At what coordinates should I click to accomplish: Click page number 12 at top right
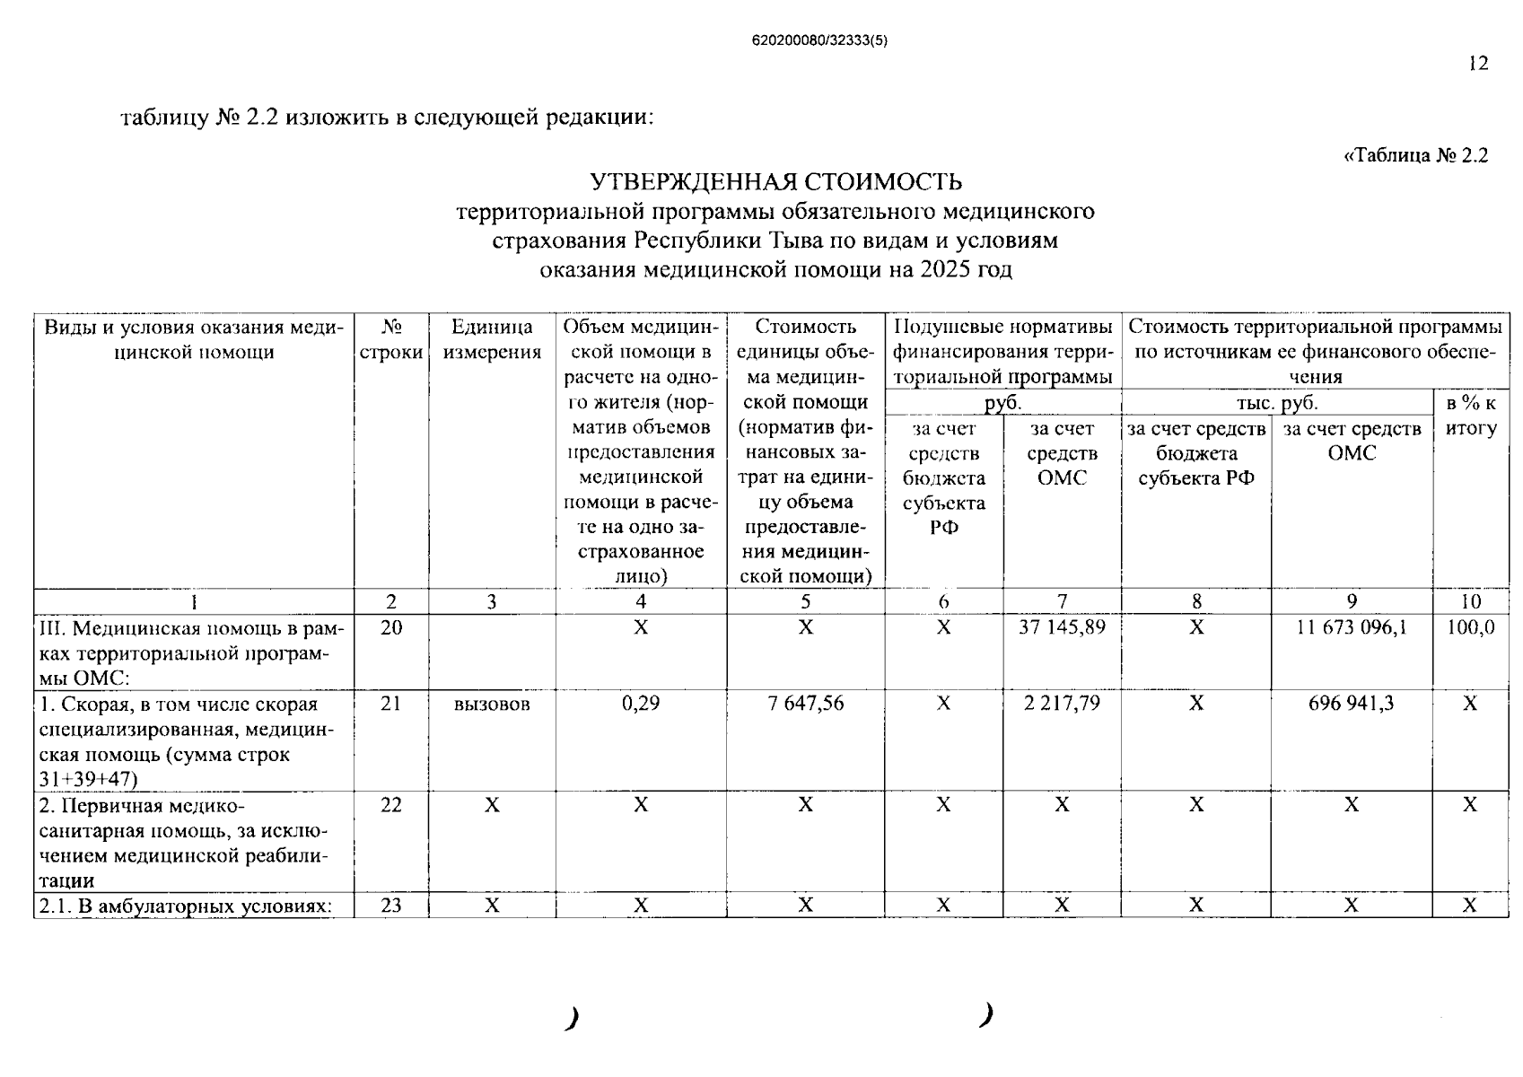(1478, 63)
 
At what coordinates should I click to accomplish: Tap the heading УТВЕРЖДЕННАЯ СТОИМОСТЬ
(775, 182)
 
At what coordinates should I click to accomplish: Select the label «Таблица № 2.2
(1415, 155)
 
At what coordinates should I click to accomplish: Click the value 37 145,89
(1062, 627)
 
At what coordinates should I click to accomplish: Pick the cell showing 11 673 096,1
(1352, 627)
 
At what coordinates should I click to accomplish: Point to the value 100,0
(1470, 627)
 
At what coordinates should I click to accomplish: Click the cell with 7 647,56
(805, 704)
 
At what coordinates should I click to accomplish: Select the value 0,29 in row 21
(640, 704)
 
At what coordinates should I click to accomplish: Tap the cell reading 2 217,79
(1062, 704)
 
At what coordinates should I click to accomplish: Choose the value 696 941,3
(1352, 704)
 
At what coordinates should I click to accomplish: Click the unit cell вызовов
(492, 705)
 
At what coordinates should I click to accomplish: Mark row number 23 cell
(391, 906)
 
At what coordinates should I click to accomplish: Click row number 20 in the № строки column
(391, 627)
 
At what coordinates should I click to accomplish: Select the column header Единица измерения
(492, 339)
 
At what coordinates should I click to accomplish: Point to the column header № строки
(391, 339)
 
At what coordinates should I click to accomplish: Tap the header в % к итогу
(1470, 416)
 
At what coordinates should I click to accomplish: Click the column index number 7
(1062, 601)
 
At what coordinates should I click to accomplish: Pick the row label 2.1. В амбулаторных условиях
(184, 906)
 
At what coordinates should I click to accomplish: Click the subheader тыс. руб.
(1276, 403)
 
